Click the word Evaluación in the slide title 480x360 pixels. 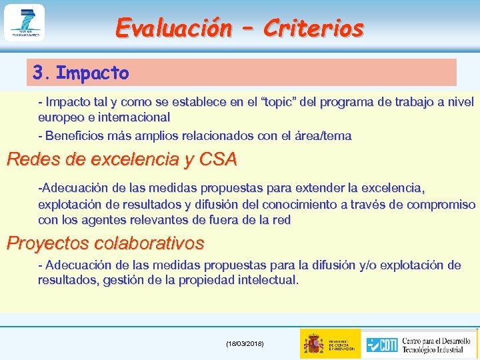pyautogui.click(x=172, y=27)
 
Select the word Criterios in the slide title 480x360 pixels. pyautogui.click(x=313, y=27)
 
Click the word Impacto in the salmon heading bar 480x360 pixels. pyautogui.click(x=93, y=73)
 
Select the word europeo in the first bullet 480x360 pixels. pyautogui.click(x=59, y=117)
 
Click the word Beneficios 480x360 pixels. pyautogui.click(x=72, y=136)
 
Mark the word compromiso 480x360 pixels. pyautogui.click(x=443, y=205)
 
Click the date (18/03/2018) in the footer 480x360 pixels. pyautogui.click(x=245, y=343)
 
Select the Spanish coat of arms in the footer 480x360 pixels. pyautogui.click(x=313, y=343)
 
